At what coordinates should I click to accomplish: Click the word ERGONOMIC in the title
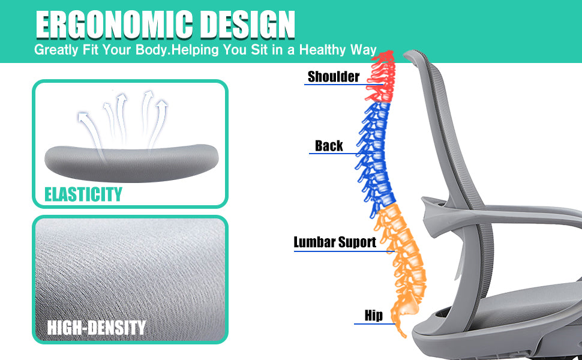tap(110, 25)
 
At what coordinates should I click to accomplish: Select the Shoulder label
tap(334, 76)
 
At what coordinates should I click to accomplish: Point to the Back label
tap(329, 146)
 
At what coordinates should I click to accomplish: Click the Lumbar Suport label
tap(335, 242)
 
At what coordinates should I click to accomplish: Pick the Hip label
tap(373, 316)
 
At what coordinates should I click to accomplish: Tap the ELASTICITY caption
tap(83, 194)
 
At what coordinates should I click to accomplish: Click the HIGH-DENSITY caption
tap(97, 328)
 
